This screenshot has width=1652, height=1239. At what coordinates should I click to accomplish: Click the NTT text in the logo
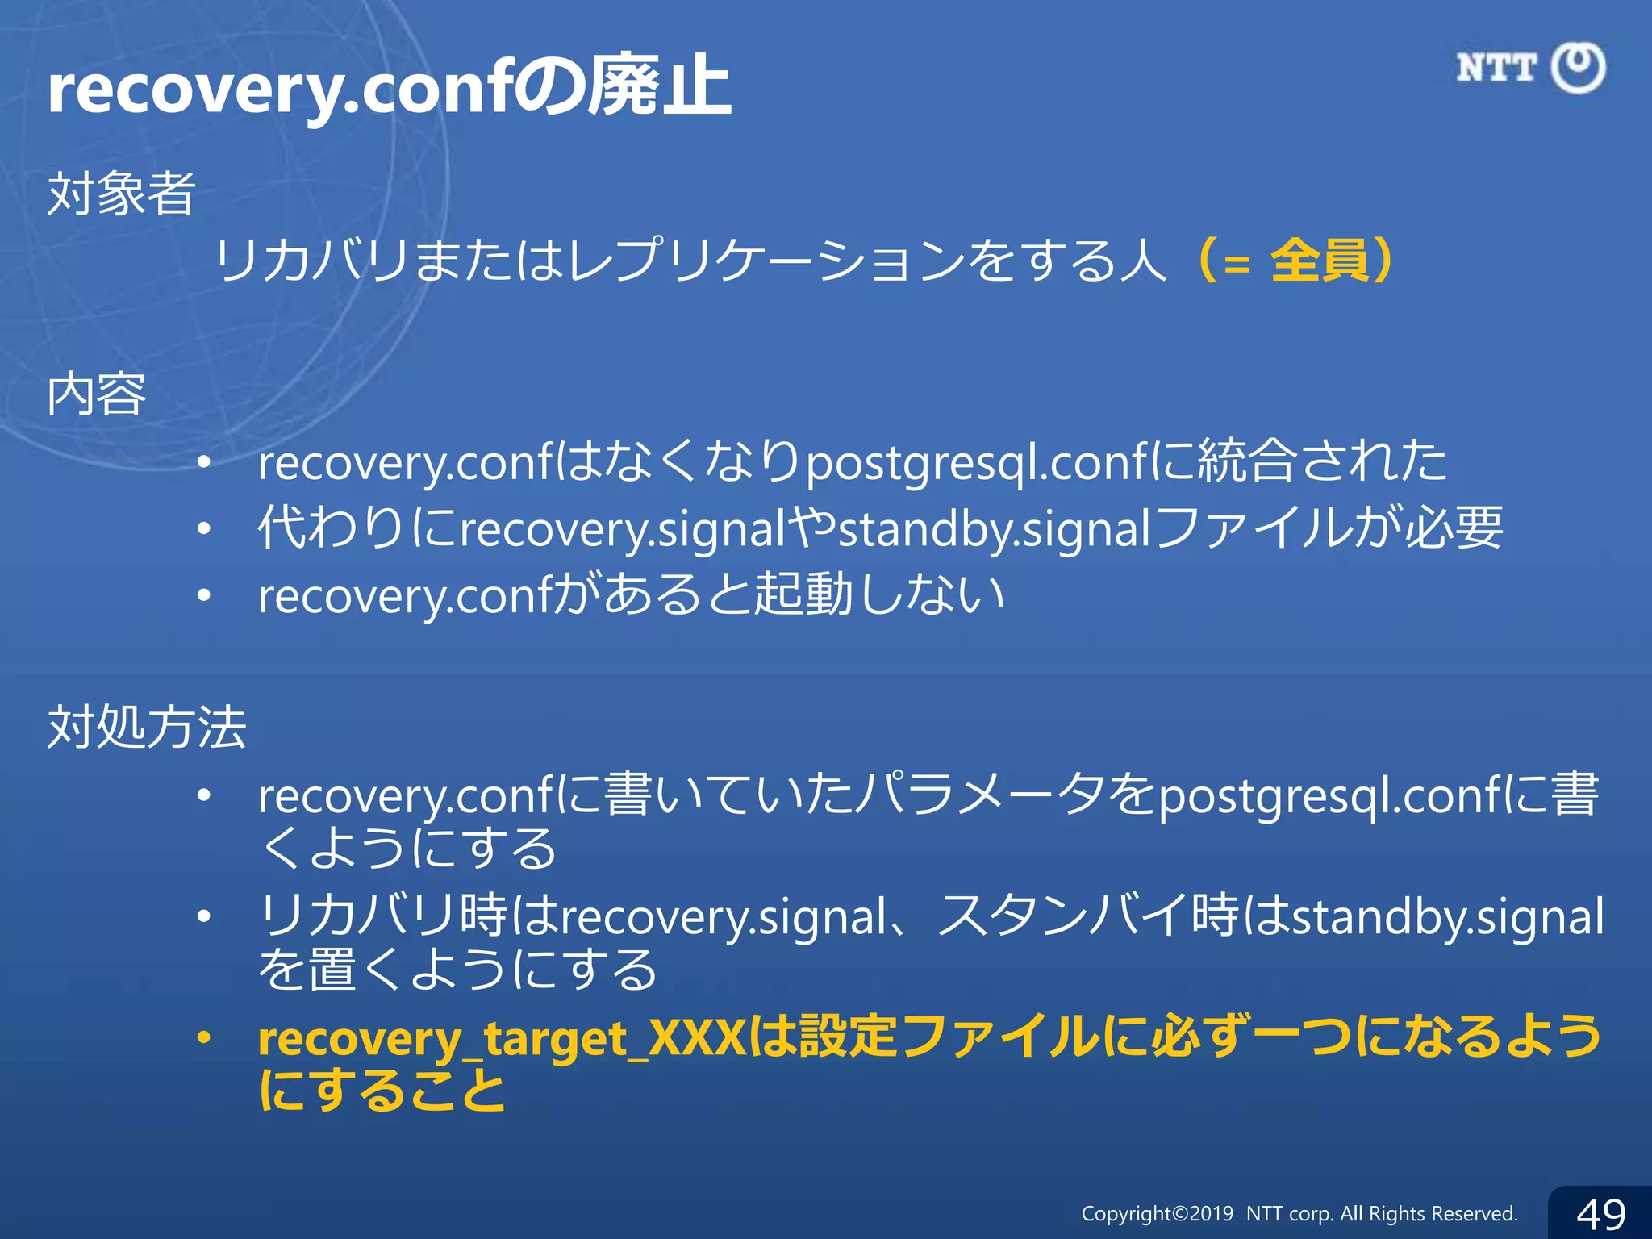pos(1496,68)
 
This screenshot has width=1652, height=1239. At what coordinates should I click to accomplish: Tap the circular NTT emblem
pos(1579,68)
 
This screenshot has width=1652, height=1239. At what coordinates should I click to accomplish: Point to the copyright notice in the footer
pos(1299,1213)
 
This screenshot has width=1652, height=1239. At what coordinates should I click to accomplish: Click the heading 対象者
pos(121,194)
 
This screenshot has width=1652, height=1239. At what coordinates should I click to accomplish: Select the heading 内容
pos(97,394)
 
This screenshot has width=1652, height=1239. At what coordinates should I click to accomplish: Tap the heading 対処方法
pos(146,727)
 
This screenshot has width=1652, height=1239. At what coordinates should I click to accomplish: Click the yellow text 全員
pos(1320,261)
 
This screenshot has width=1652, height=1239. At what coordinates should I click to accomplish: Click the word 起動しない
pos(878,595)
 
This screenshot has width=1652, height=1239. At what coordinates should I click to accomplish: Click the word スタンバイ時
pos(1089,916)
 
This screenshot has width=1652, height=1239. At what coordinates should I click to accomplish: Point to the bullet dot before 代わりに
pos(204,529)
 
